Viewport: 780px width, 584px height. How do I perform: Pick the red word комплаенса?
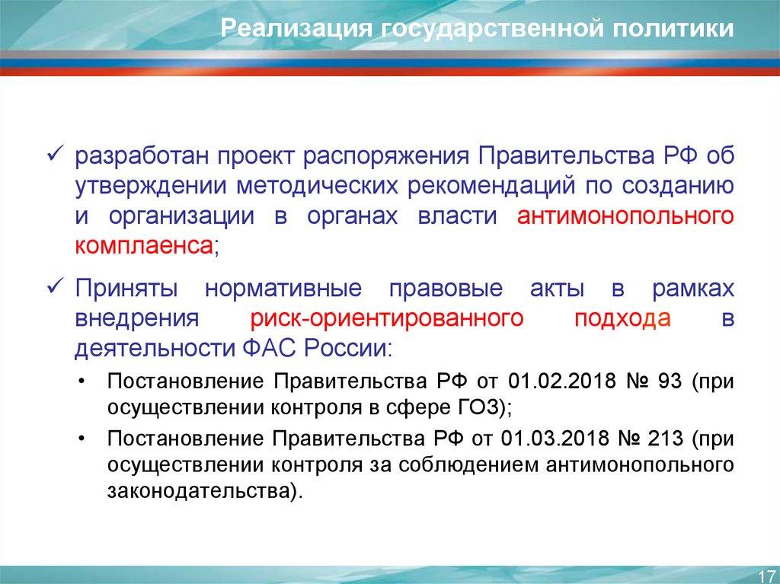click(144, 246)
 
